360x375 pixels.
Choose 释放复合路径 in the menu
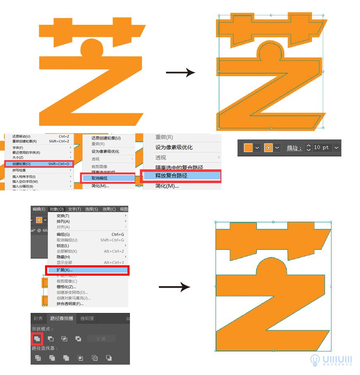171,175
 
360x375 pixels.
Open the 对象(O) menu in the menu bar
56,209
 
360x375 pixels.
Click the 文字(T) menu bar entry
74,209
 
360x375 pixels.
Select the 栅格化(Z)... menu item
66,286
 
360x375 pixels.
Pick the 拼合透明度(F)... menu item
70,303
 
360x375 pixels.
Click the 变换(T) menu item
63,216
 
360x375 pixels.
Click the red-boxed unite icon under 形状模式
37,339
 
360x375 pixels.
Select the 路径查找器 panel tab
61,318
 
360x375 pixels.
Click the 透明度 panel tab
87,318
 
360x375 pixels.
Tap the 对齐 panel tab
38,318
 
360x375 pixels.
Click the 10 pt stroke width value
321,148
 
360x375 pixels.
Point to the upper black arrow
180,73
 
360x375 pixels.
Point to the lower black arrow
175,287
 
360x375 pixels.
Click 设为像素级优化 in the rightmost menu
174,147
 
